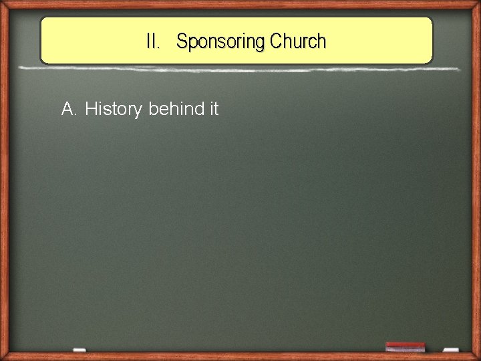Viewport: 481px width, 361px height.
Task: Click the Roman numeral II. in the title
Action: (153, 41)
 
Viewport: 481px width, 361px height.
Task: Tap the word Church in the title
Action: (298, 41)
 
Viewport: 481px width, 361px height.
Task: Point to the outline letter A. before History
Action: (69, 108)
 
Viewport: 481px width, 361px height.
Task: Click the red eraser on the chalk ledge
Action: (405, 347)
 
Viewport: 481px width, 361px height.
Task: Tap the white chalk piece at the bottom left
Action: (79, 350)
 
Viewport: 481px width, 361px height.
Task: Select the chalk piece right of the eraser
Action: (451, 350)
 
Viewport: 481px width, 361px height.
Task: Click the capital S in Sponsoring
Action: (181, 41)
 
